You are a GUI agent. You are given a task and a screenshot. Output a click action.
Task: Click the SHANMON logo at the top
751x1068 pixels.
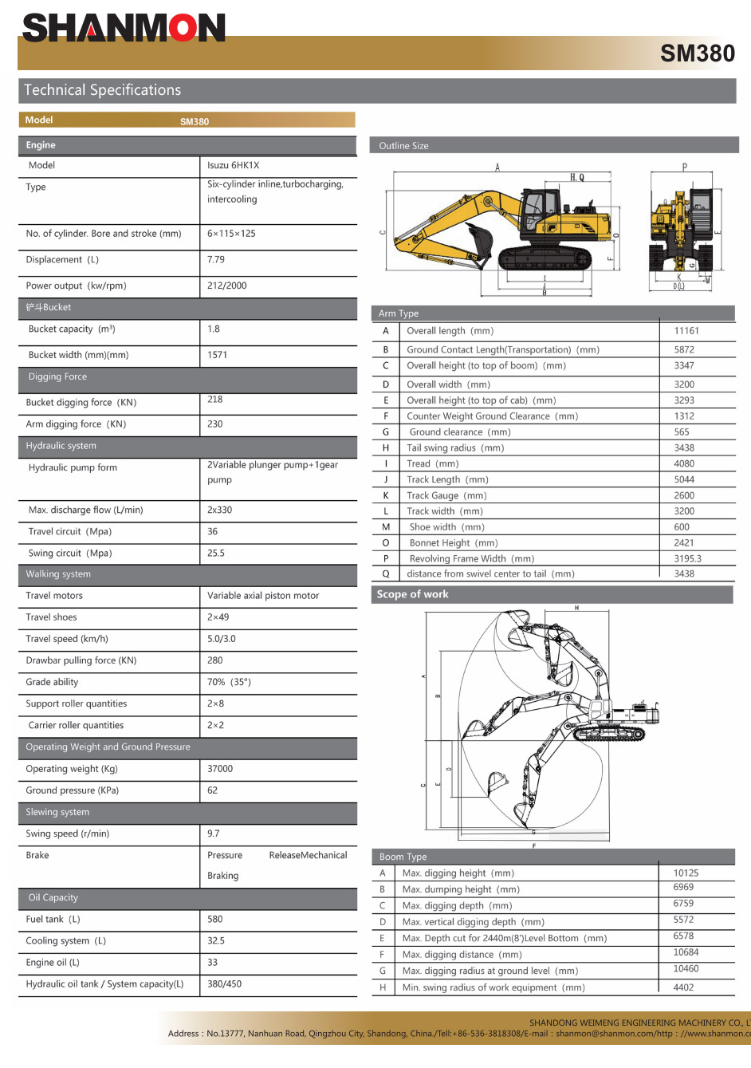click(x=124, y=28)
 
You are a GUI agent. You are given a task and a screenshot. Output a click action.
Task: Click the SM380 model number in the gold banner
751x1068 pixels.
click(x=697, y=53)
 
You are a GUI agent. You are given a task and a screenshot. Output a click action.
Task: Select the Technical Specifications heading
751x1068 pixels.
click(x=103, y=90)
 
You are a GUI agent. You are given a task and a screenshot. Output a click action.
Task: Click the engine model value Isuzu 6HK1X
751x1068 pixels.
click(x=234, y=166)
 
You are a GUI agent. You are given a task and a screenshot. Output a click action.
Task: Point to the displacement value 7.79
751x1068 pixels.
click(x=216, y=260)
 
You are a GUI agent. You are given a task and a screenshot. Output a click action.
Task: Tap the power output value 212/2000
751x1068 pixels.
click(x=227, y=286)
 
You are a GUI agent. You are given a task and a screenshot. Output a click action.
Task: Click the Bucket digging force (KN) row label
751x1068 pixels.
click(x=81, y=403)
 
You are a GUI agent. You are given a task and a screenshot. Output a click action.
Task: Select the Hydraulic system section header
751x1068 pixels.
click(x=61, y=446)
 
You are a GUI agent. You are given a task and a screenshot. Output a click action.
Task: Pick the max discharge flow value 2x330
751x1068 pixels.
click(x=220, y=510)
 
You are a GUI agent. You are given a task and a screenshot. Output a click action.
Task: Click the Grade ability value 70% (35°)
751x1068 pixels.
click(x=229, y=682)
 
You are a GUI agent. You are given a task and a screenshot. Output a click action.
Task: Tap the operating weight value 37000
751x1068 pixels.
click(x=220, y=769)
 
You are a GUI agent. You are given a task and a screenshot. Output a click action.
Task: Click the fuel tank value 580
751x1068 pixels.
click(x=215, y=920)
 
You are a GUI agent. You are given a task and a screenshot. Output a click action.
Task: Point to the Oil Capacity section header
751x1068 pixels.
click(x=53, y=898)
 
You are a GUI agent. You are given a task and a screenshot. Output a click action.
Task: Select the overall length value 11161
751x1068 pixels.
click(x=686, y=331)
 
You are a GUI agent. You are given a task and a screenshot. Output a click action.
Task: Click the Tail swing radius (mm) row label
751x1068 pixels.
click(x=455, y=448)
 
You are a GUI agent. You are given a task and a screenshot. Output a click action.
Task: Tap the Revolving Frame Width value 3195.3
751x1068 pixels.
click(x=688, y=559)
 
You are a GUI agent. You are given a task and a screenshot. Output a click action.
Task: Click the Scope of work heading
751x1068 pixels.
click(x=412, y=594)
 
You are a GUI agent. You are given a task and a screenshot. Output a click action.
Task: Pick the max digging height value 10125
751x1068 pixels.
click(x=686, y=873)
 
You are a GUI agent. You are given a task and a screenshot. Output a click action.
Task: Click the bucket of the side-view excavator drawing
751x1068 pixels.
click(x=480, y=237)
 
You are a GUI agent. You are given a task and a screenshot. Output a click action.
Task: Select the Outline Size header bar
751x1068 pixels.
click(x=403, y=146)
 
